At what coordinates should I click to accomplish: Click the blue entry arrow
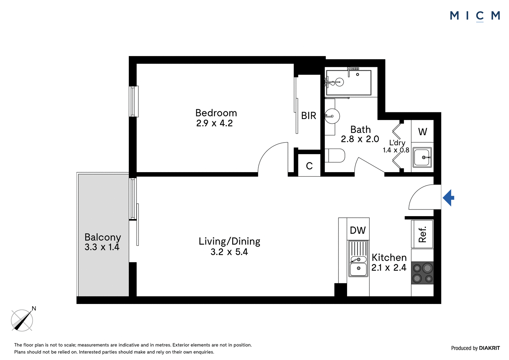point(448,198)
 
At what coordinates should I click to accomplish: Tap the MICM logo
point(475,16)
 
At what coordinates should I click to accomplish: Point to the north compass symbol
point(23,320)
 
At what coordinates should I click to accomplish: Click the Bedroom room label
point(216,113)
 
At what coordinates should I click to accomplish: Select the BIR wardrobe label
point(309,116)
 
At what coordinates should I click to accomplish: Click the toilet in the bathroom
point(335,156)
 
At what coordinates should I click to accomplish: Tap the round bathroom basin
point(332,116)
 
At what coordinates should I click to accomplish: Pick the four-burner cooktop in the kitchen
point(422,273)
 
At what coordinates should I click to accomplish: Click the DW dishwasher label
point(358,230)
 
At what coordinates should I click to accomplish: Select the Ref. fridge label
point(422,234)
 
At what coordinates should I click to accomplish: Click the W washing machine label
point(422,132)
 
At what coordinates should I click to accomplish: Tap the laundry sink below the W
point(422,157)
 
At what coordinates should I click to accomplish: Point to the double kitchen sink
point(358,258)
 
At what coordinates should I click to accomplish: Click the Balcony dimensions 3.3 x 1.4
point(102,247)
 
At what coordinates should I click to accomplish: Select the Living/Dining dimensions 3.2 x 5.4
point(229,252)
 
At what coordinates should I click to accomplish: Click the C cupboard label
point(309,166)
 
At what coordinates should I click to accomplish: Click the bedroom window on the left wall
point(134,102)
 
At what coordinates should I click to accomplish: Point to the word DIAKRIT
point(489,348)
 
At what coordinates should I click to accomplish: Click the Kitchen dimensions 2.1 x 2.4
point(389,267)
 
